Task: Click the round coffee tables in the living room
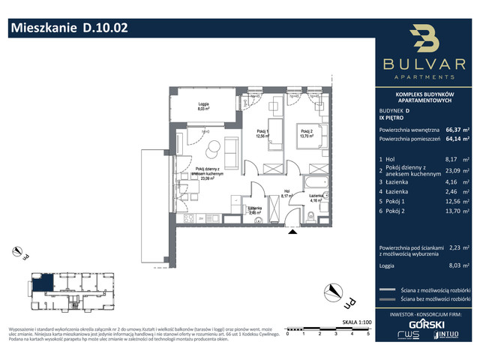[213, 148]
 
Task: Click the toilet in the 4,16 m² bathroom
[310, 218]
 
